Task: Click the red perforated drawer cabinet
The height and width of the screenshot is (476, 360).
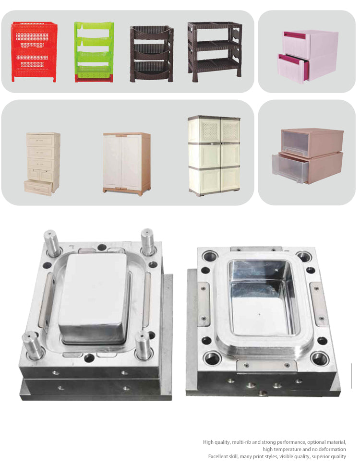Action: [x=34, y=52]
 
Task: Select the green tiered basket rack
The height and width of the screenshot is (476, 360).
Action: [x=94, y=52]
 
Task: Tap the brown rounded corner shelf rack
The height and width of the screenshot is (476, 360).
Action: [x=152, y=54]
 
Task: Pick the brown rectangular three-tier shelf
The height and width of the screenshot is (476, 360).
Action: [x=215, y=52]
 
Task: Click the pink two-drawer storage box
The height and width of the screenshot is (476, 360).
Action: [x=307, y=57]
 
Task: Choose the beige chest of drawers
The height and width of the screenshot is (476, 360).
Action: [x=42, y=164]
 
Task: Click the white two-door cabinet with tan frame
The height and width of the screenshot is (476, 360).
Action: [x=127, y=164]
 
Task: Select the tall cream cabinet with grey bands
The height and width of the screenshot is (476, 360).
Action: [x=214, y=155]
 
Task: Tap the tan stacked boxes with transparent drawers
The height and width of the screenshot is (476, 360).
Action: [x=308, y=156]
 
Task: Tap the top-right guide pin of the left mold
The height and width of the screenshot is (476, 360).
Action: [x=148, y=241]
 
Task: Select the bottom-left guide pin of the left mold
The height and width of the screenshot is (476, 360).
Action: [x=33, y=346]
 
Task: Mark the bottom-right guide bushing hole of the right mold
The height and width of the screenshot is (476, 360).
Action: [x=320, y=359]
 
